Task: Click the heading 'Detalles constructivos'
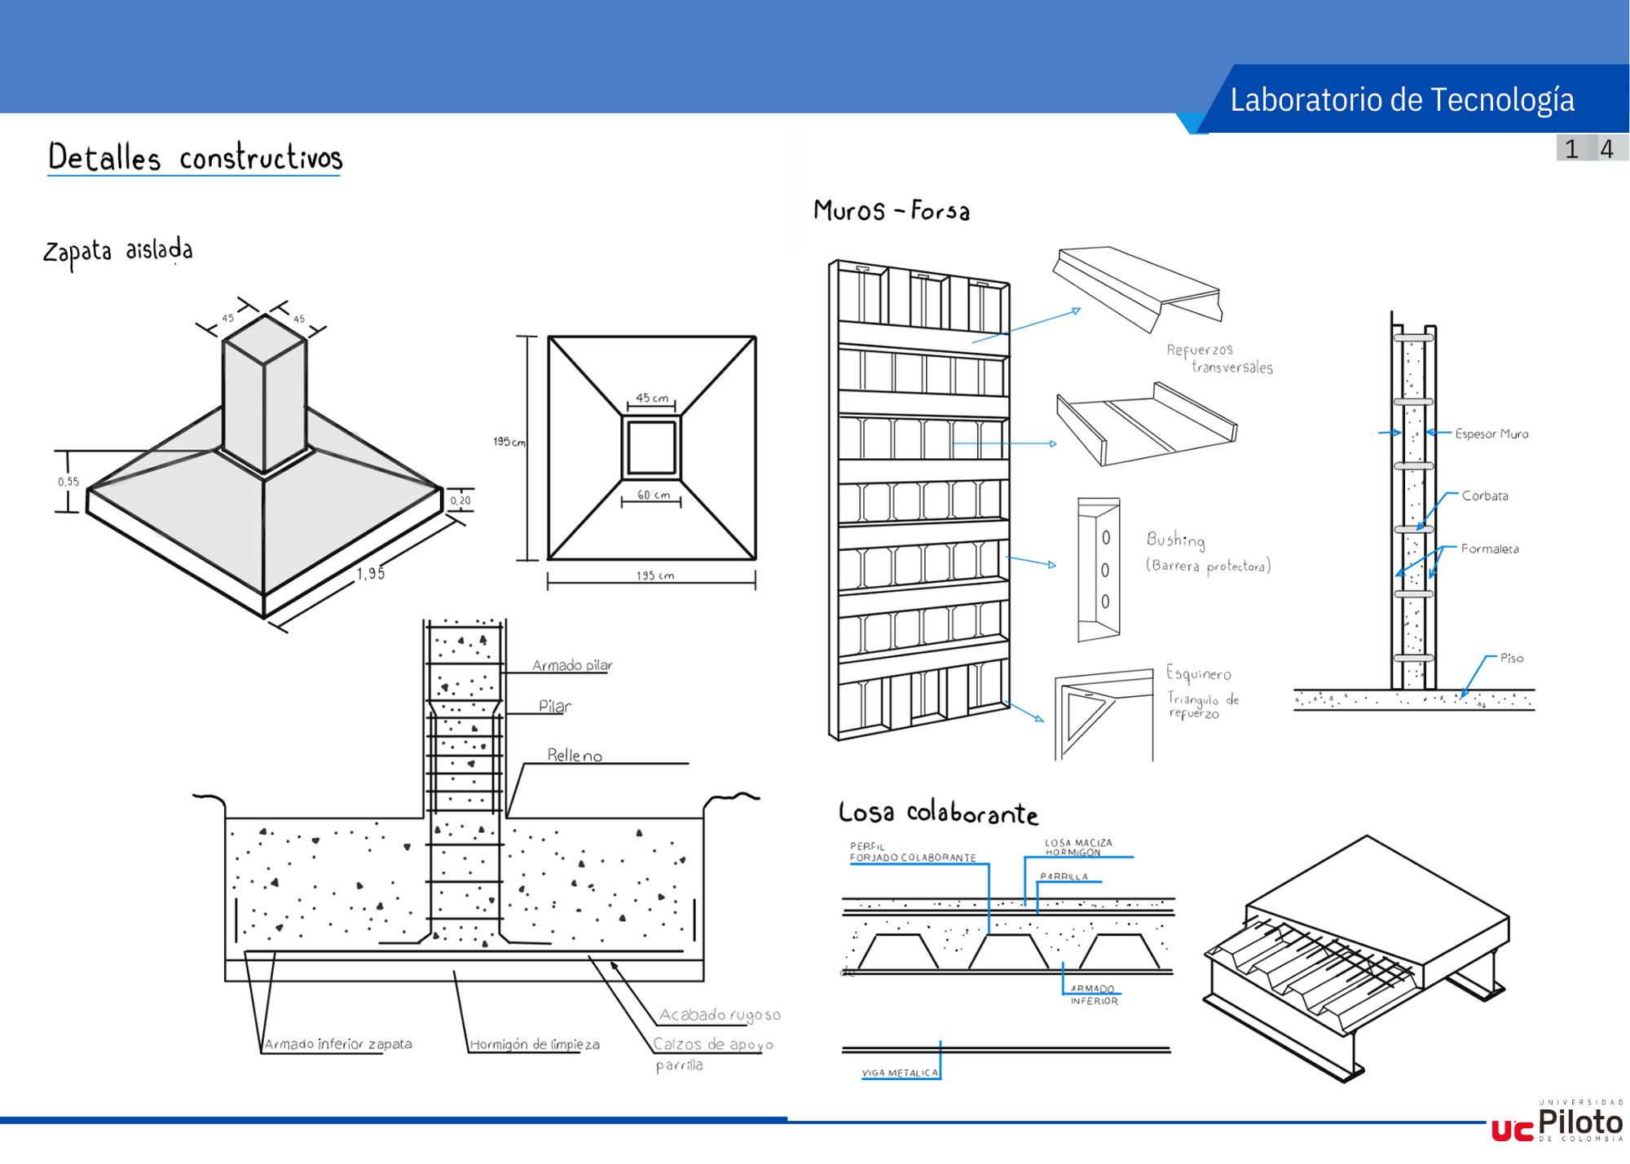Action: [x=195, y=157]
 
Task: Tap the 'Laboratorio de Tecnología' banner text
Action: [x=1402, y=99]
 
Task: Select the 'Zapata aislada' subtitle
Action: [x=118, y=251]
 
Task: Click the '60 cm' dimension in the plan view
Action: [x=654, y=495]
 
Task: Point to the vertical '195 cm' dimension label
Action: [x=509, y=442]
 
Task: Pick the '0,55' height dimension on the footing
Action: [x=68, y=482]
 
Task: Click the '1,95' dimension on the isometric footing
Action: [x=370, y=574]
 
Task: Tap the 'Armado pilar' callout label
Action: [x=572, y=665]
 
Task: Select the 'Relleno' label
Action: [x=575, y=756]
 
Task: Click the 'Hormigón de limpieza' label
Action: [x=535, y=1044]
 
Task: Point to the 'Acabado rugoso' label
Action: [x=720, y=1015]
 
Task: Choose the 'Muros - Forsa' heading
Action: [x=892, y=211]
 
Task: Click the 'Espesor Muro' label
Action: [x=1491, y=434]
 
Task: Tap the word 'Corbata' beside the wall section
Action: [x=1484, y=496]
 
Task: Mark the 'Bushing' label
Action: [x=1175, y=540]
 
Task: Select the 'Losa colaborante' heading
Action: [x=938, y=813]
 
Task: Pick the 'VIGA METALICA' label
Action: [x=900, y=1073]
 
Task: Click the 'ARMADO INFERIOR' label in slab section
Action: [x=1094, y=994]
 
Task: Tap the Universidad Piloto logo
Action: [x=1557, y=1122]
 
